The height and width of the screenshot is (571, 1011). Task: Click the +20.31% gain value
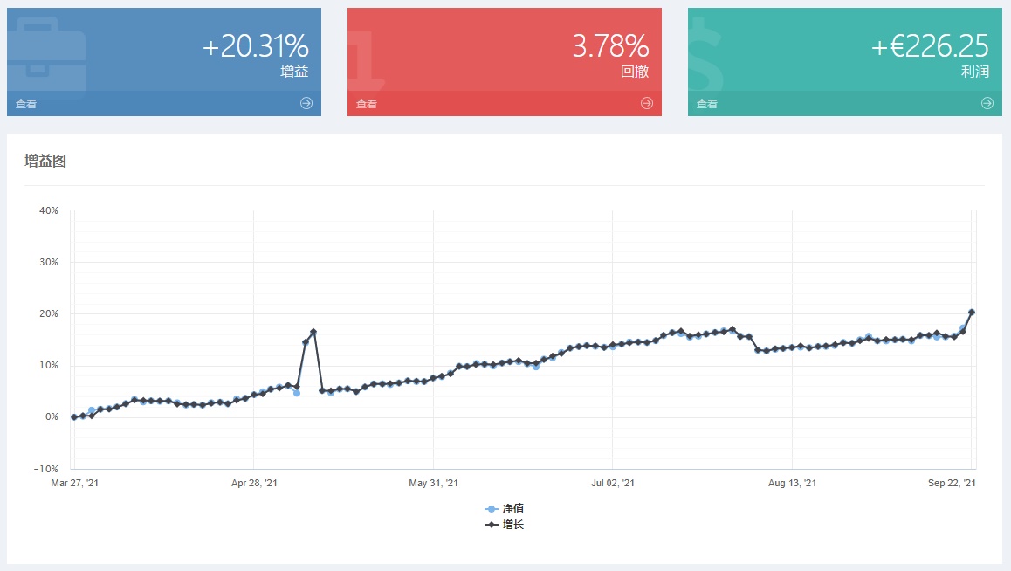coord(256,46)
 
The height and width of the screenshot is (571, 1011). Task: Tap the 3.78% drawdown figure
coord(610,46)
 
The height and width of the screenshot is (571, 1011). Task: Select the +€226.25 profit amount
coord(930,46)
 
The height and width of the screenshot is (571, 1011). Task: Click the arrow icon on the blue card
coord(306,103)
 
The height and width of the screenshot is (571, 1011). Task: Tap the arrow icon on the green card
coord(987,103)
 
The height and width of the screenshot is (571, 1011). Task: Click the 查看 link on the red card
coord(366,104)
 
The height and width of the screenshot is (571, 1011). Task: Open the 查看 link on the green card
coord(706,104)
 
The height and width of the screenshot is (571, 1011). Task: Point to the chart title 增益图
coord(45,161)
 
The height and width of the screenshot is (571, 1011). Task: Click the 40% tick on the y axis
coord(48,210)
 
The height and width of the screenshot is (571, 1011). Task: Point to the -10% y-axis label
coord(45,469)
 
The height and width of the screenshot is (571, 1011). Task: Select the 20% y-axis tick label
coord(48,313)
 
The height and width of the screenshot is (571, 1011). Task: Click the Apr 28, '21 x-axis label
coord(254,483)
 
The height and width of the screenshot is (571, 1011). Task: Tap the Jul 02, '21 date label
coord(613,483)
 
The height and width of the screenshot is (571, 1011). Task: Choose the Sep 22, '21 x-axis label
coord(952,483)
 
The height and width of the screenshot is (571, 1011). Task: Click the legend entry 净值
coord(505,508)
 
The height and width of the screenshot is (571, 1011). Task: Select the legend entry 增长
coord(505,525)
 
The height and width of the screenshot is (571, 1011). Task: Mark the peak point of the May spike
coord(313,332)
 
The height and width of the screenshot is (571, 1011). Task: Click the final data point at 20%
coord(972,312)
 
